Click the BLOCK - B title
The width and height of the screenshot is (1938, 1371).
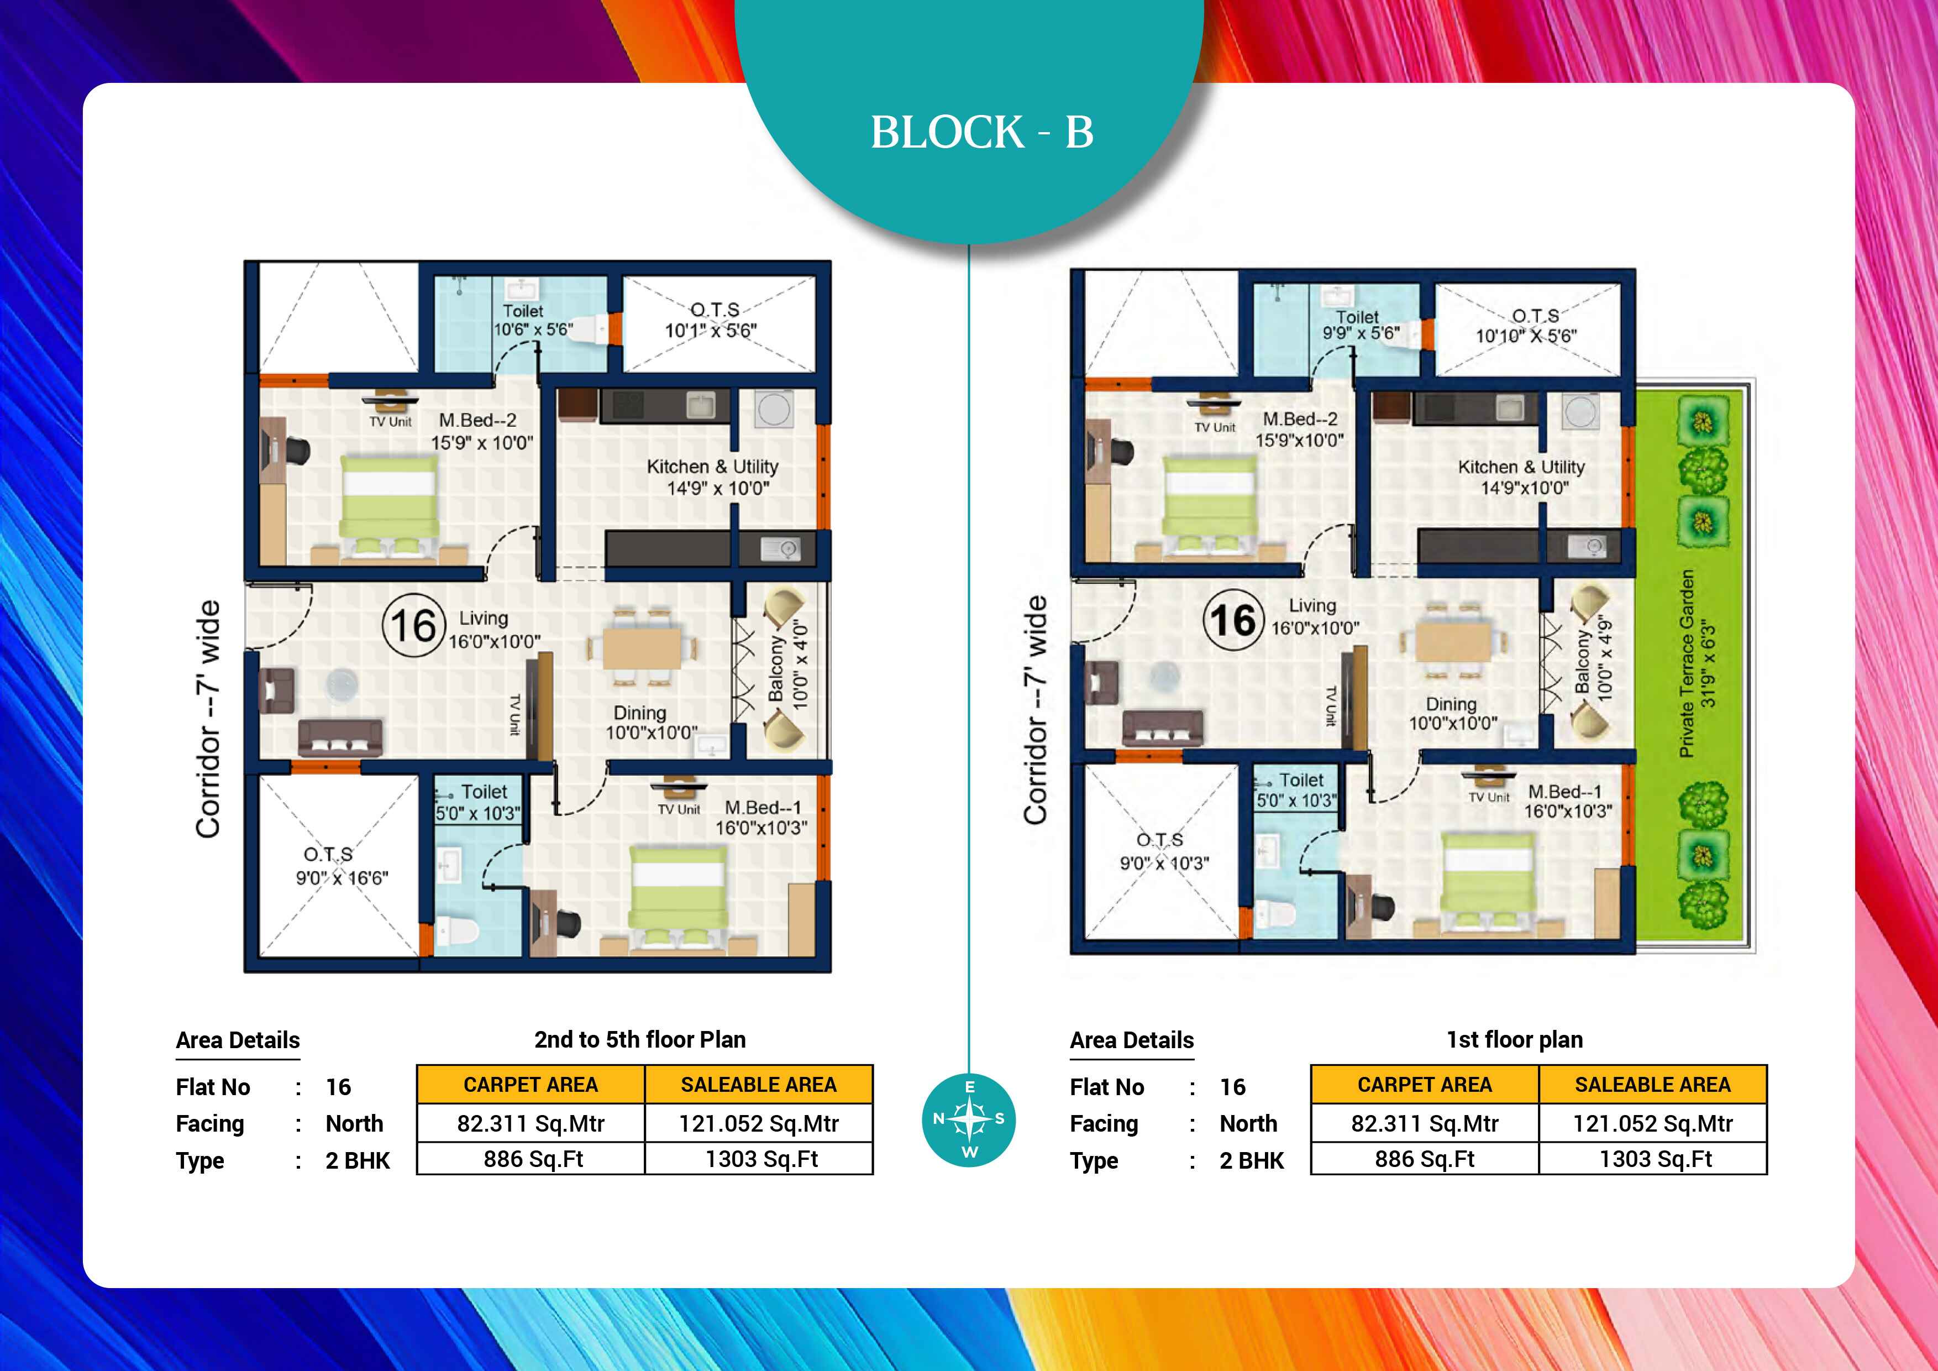pos(981,133)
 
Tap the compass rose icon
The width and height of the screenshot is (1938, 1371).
pos(969,1119)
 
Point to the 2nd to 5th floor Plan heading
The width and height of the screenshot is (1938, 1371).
pos(640,1039)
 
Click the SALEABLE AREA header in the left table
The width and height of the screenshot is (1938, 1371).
pos(758,1085)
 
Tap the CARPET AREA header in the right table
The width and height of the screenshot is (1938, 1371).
pos(1424,1085)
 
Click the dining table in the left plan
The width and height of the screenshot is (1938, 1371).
pos(642,647)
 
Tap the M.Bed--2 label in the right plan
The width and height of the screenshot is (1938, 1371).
pos(1300,430)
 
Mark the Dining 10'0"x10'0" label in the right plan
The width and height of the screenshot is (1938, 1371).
pos(1453,713)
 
